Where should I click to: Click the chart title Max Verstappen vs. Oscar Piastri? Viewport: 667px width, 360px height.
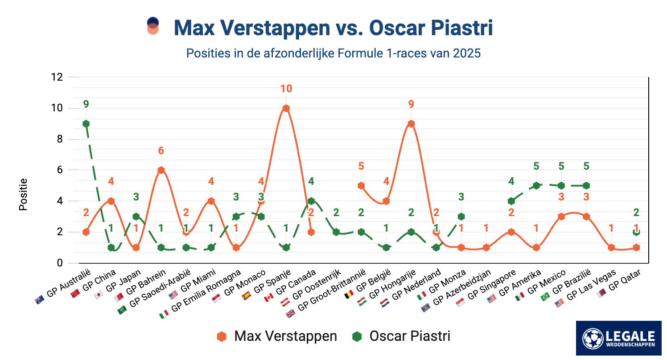[x=333, y=28]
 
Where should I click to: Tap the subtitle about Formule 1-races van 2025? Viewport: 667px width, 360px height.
[x=333, y=53]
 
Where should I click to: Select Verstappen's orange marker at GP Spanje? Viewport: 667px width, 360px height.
[x=286, y=108]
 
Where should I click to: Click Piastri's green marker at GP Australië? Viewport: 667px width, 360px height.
[x=86, y=124]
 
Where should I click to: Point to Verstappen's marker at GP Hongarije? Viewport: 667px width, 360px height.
[x=411, y=124]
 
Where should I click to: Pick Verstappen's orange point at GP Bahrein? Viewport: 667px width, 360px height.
[x=161, y=170]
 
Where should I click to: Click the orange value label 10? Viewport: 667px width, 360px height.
[x=286, y=89]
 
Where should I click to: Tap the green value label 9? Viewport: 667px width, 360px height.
[x=86, y=104]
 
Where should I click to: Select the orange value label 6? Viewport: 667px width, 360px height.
[x=161, y=151]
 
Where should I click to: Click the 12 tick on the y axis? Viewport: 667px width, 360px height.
[x=57, y=78]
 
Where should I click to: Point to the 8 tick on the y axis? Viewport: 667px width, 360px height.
[x=59, y=139]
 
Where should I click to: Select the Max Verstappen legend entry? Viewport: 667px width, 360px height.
[x=277, y=336]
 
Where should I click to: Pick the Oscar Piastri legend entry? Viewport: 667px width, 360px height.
[x=401, y=336]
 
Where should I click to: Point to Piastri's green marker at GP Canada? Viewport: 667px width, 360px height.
[x=311, y=201]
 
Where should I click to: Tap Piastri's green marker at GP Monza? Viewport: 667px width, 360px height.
[x=461, y=217]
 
